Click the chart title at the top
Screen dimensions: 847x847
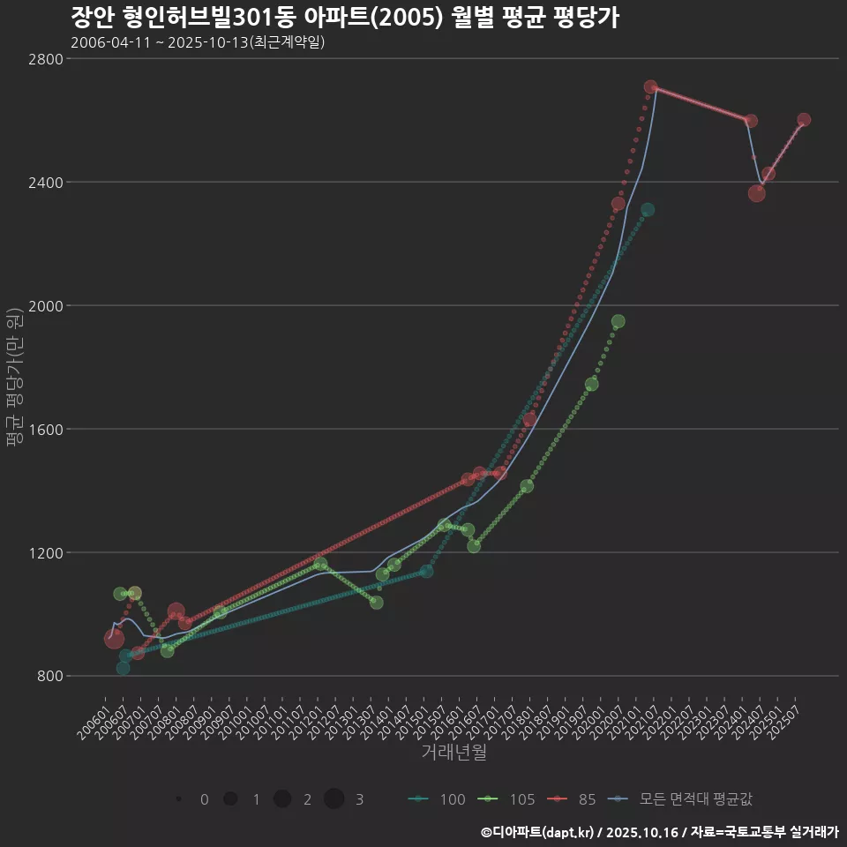(x=344, y=18)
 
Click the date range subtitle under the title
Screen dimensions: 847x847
(x=198, y=42)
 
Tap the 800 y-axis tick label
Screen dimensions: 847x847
(x=50, y=677)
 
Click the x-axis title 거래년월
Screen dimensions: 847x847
(x=453, y=752)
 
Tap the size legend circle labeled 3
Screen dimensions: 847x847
(x=334, y=799)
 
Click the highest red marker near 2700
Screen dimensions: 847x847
(x=650, y=87)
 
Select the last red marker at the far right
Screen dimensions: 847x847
(x=804, y=120)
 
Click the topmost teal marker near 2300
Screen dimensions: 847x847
(x=648, y=210)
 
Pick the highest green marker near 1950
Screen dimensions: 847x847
(x=618, y=321)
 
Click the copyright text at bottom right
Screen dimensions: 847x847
(x=659, y=832)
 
